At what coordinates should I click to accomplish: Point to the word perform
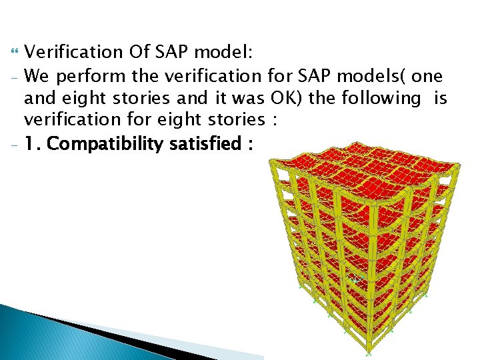pos(87,75)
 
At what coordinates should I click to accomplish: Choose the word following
pos(377,98)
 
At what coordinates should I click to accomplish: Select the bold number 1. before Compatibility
pos(32,143)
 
